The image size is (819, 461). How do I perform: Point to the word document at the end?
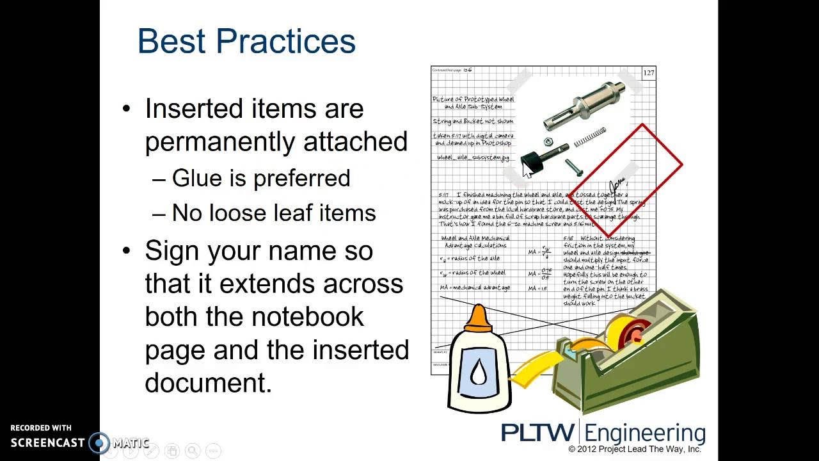[x=208, y=383]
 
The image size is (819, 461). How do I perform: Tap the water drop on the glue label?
[x=479, y=372]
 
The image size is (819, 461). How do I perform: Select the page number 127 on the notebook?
[x=648, y=73]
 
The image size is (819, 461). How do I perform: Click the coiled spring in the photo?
[x=589, y=136]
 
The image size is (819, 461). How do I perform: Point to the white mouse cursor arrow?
[x=527, y=169]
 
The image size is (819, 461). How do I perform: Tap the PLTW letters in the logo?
[x=538, y=432]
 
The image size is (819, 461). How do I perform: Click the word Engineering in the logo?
[x=645, y=432]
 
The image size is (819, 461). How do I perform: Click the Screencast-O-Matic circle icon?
[x=99, y=442]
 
